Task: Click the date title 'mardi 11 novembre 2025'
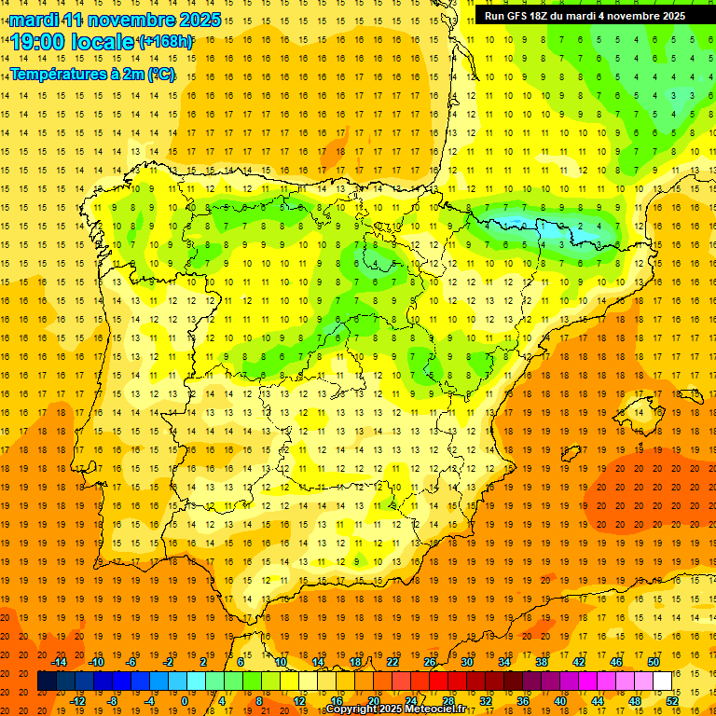(x=115, y=19)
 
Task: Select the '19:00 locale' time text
(x=73, y=42)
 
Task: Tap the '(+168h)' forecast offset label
(x=165, y=42)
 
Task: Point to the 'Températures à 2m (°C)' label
(x=92, y=75)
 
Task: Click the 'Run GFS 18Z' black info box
(x=585, y=16)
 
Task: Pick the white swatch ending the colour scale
(x=662, y=682)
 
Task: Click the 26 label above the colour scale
(x=430, y=662)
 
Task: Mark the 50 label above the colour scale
(x=653, y=662)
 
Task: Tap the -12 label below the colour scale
(x=77, y=700)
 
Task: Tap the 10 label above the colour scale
(x=281, y=662)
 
